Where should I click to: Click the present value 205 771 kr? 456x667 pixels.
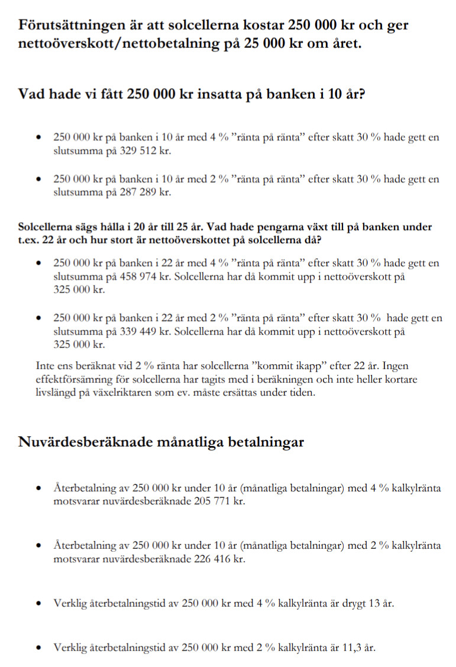[218, 501]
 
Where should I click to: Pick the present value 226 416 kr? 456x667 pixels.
[218, 558]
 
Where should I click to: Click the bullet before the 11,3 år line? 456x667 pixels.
[38, 647]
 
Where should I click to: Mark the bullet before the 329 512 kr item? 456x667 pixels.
[38, 138]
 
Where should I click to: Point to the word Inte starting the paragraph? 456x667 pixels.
[46, 366]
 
